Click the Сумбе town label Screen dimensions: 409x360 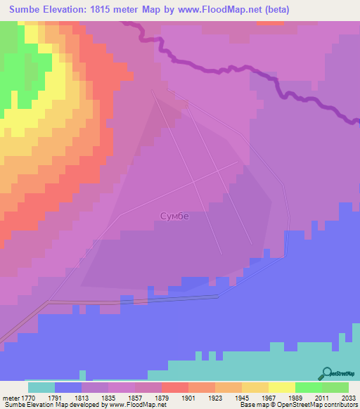tap(175, 216)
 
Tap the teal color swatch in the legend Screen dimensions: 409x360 tap(41, 387)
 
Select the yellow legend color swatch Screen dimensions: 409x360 tap(255, 387)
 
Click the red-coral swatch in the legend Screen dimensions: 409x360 tap(175, 387)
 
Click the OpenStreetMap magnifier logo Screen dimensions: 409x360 tap(326, 373)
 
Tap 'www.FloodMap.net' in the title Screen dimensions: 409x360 tap(215, 10)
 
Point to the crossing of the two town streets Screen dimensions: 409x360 tap(195, 182)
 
